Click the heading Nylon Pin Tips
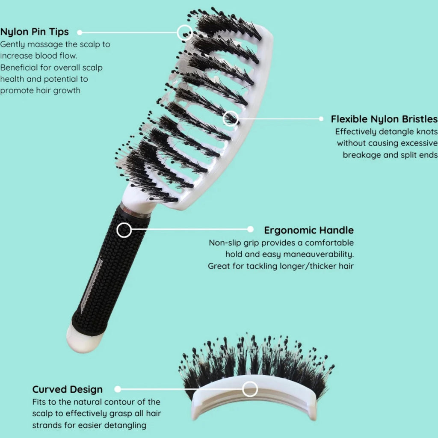pyautogui.click(x=34, y=32)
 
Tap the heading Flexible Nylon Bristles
pyautogui.click(x=385, y=119)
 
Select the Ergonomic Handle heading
pyautogui.click(x=309, y=230)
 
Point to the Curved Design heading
pyautogui.click(x=67, y=389)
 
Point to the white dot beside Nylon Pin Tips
pyautogui.click(x=80, y=33)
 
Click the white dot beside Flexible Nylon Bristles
pyautogui.click(x=321, y=119)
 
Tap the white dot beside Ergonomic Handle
pyautogui.click(x=251, y=229)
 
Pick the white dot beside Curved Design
pyautogui.click(x=118, y=389)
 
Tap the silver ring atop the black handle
pyautogui.click(x=135, y=211)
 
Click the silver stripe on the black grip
pyautogui.click(x=92, y=286)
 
